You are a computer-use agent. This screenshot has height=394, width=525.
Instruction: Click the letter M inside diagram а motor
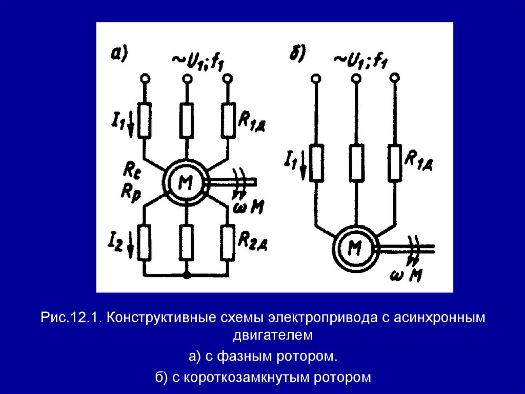(x=185, y=183)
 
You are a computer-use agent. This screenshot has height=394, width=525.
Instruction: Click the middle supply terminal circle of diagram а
(x=187, y=78)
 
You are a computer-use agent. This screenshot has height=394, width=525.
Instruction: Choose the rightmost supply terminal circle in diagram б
(x=394, y=78)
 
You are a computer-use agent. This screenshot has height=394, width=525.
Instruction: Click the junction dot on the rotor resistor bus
(x=187, y=276)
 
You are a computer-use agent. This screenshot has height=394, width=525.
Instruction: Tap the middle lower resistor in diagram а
(x=187, y=242)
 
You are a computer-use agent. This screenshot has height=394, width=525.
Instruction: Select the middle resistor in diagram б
(x=356, y=162)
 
